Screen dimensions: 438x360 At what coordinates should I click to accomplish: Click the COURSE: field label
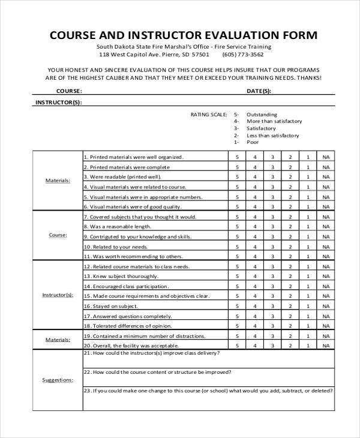coord(69,91)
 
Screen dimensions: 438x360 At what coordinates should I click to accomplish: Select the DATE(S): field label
coord(259,91)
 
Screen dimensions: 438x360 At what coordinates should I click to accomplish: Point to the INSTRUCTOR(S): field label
coord(58,103)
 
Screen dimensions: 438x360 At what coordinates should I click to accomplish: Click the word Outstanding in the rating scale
coord(262,114)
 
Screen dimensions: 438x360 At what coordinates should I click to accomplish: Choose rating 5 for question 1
coord(237,157)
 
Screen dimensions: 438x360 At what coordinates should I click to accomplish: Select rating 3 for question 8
coord(272,226)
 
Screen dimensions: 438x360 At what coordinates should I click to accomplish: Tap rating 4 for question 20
coord(255,346)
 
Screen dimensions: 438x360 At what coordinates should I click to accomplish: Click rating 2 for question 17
coord(290,316)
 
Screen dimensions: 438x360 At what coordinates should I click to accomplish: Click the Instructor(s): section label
coord(58,296)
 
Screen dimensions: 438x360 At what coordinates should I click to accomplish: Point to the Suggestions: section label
coord(58,380)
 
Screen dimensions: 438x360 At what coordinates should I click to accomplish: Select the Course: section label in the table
coord(58,235)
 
